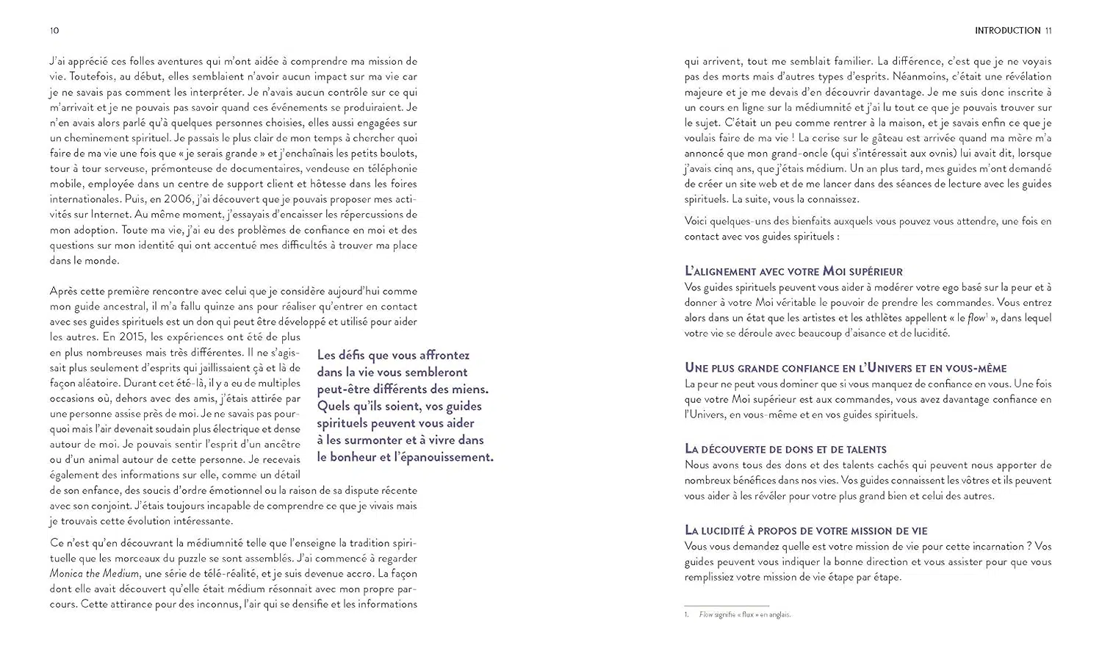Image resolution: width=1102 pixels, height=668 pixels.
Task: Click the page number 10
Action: coord(54,31)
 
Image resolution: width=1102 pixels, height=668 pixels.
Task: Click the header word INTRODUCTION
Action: coord(1007,31)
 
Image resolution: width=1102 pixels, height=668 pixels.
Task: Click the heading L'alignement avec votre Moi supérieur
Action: coord(793,271)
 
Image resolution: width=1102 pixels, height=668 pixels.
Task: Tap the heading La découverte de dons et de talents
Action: coord(785,449)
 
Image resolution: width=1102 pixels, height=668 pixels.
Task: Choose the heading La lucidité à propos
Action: coord(806,530)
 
